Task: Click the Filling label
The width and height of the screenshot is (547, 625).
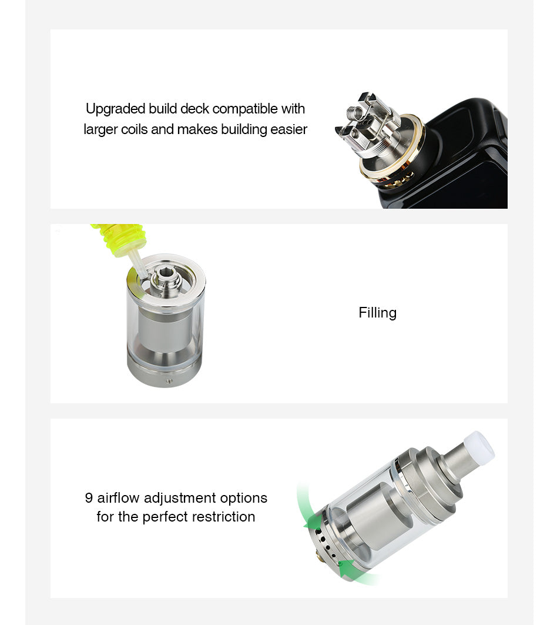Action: [x=377, y=313]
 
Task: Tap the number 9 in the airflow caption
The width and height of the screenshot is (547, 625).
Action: [x=89, y=498]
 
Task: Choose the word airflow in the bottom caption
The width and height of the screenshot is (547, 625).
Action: [x=118, y=497]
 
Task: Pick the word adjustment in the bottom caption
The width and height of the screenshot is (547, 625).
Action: [x=180, y=498]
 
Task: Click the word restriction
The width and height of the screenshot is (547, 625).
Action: [x=223, y=517]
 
